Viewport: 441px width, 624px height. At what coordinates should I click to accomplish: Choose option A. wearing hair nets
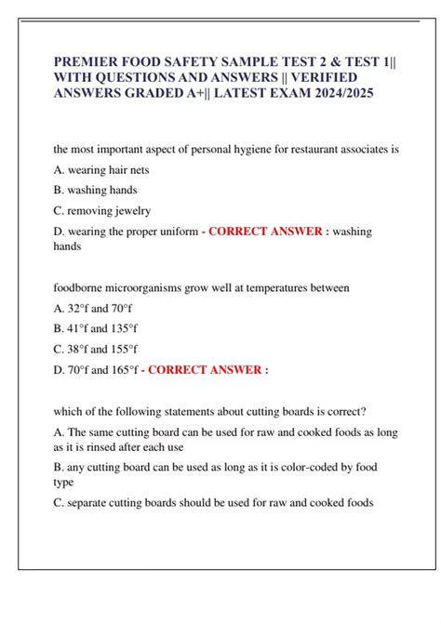pos(101,170)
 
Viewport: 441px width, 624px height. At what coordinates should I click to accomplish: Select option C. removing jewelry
pos(102,211)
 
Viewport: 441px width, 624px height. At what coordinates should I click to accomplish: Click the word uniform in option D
pos(179,232)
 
